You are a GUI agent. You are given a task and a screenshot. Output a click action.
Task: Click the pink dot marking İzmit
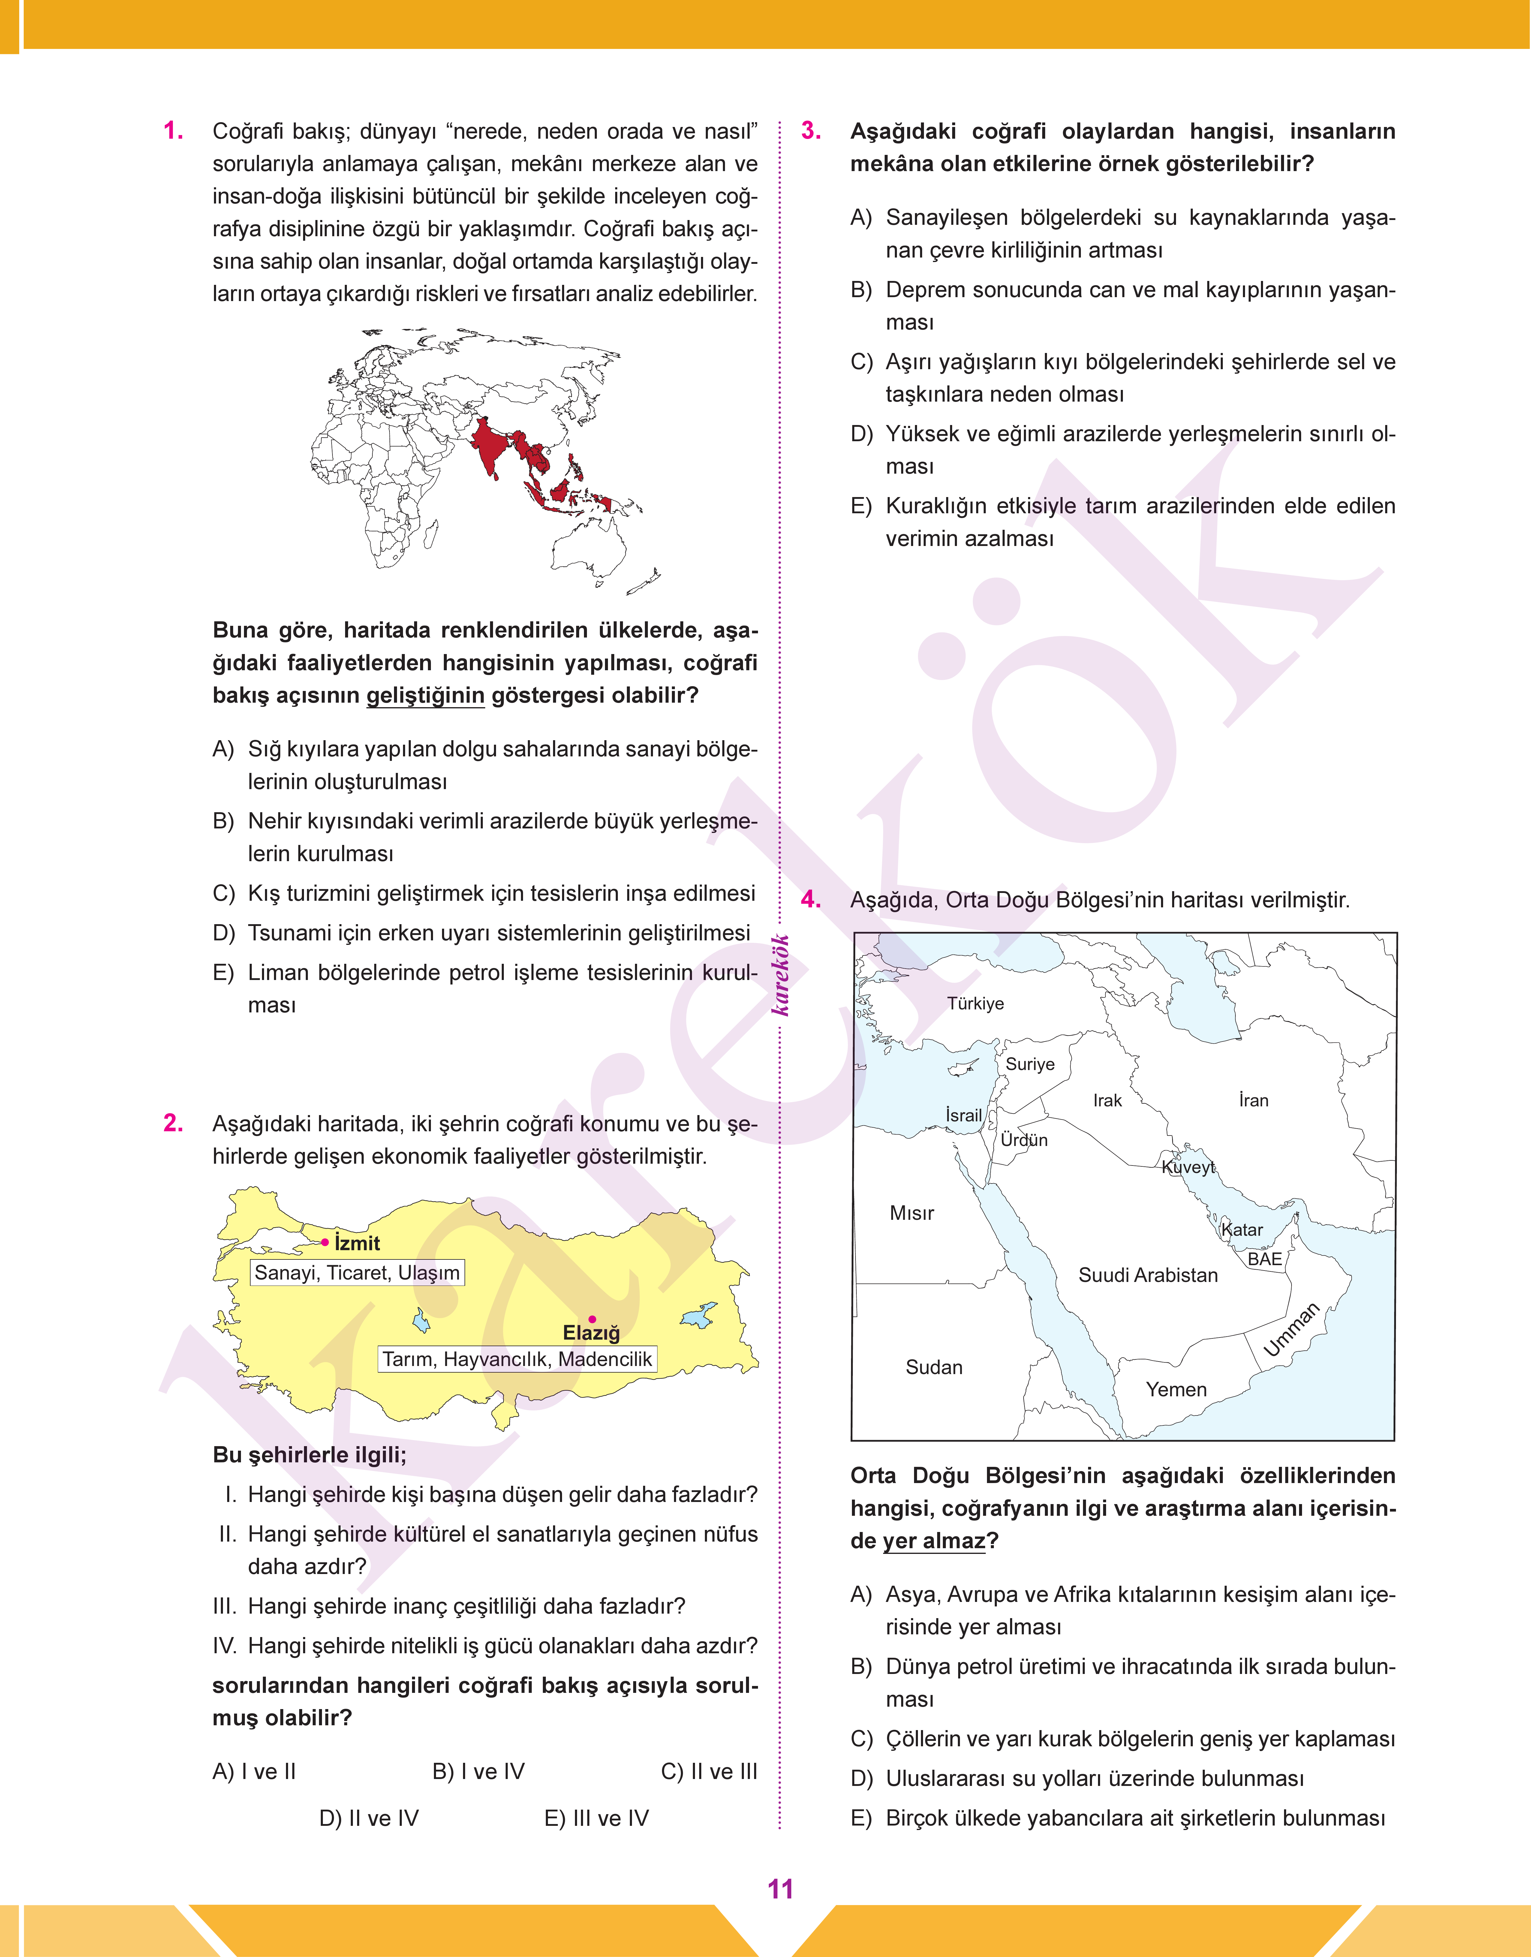click(324, 1242)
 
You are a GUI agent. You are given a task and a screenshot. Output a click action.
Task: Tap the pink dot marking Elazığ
click(591, 1319)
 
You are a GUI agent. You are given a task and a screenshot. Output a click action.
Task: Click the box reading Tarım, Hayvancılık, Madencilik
click(517, 1359)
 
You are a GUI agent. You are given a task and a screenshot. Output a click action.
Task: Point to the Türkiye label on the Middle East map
click(975, 1003)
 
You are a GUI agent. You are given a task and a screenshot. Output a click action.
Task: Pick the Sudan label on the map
click(934, 1367)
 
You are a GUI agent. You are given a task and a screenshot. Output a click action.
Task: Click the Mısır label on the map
click(912, 1213)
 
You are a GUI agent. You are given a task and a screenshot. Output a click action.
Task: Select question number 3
click(811, 131)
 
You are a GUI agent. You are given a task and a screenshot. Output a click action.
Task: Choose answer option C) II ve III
click(708, 1772)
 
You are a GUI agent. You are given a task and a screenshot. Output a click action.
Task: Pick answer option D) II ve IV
click(368, 1818)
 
